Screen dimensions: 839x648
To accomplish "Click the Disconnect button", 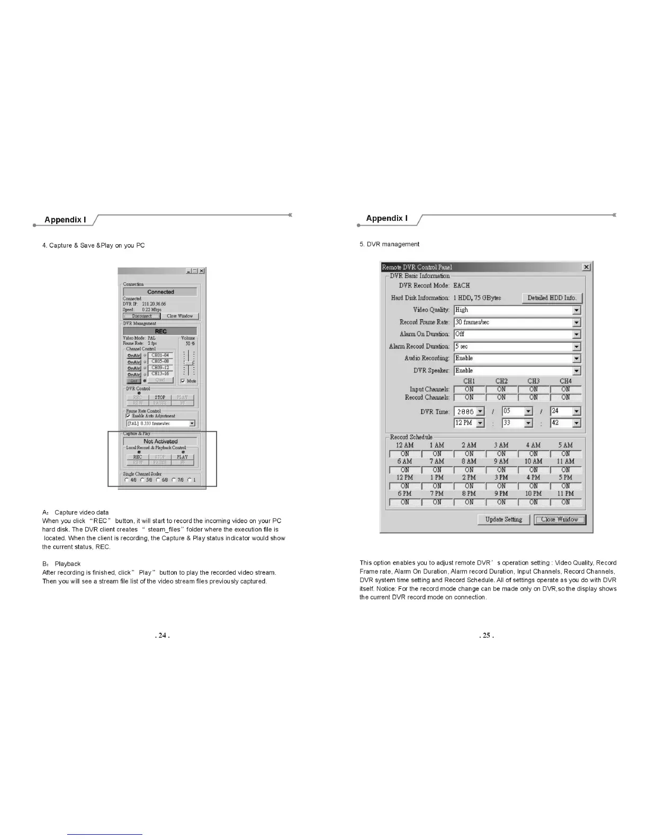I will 142,316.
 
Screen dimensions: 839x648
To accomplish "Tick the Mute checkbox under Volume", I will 183,381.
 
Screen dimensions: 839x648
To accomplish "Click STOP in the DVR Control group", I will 160,397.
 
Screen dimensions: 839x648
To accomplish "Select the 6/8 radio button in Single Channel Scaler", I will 158,480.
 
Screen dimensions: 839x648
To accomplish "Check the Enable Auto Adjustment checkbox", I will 128,416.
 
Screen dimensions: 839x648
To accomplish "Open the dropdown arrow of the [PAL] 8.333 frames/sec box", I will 192,423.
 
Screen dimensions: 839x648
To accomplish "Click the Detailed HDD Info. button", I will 552,298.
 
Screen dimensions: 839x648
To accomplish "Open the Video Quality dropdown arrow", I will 577,310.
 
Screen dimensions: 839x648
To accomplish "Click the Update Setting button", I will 503,520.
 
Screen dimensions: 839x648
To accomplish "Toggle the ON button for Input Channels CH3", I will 533,389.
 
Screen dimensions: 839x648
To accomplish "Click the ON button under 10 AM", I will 533,470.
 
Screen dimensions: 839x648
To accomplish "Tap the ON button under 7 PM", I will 437,502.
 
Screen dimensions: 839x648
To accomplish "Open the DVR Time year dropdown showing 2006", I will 480,412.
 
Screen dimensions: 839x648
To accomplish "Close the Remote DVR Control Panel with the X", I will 586,267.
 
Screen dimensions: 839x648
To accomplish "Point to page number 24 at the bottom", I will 162,635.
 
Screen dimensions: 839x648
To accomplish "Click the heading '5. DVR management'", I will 389,244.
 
